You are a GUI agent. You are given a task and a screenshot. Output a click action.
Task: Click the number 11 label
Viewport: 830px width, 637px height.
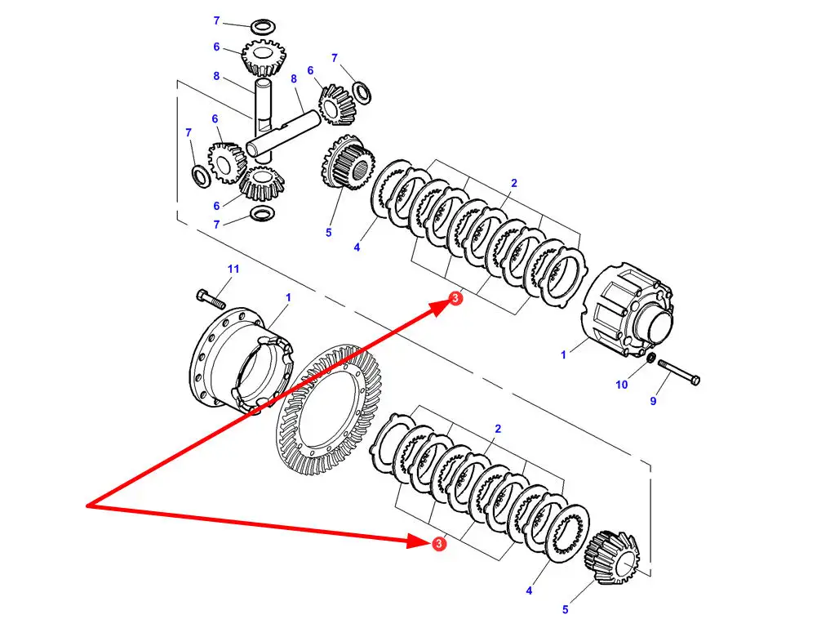point(233,269)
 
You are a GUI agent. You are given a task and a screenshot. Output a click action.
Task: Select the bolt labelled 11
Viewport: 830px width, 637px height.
point(210,298)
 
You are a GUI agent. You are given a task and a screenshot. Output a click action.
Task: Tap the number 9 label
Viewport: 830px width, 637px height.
point(653,400)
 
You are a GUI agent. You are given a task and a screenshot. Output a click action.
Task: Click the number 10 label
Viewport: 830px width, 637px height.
point(622,385)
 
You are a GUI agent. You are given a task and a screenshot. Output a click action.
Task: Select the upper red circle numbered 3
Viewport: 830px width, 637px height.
point(455,300)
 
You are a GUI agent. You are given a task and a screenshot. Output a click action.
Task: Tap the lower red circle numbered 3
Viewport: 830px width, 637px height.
point(439,543)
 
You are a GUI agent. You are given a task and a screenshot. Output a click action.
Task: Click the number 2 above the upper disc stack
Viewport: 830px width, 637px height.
point(514,184)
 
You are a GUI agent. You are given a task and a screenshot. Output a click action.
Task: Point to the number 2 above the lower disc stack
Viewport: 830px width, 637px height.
point(498,429)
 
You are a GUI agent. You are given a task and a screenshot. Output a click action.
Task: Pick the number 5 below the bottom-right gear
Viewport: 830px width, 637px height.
point(565,608)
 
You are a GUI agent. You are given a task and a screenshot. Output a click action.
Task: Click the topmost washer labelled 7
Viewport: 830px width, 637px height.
point(262,27)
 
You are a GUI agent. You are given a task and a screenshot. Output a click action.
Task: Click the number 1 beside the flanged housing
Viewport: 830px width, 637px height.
point(287,297)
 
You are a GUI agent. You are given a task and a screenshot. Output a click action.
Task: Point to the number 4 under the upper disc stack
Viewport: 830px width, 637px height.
point(357,247)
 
